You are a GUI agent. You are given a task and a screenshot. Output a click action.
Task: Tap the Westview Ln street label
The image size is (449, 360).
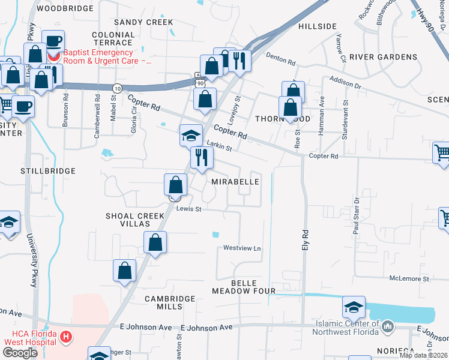pyautogui.click(x=243, y=248)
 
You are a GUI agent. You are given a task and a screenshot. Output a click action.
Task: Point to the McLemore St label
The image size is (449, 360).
pyautogui.click(x=409, y=279)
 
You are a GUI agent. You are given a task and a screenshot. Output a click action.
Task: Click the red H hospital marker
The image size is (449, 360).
pyautogui.click(x=67, y=338)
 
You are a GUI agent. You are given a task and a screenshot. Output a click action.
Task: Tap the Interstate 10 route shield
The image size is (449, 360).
pyautogui.click(x=118, y=88)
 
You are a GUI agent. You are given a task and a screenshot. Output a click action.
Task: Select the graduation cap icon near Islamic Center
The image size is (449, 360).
pyautogui.click(x=354, y=307)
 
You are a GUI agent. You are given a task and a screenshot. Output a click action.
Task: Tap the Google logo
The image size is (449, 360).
pyautogui.click(x=20, y=353)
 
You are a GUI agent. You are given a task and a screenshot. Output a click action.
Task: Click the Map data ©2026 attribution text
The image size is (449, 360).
pyautogui.click(x=423, y=355)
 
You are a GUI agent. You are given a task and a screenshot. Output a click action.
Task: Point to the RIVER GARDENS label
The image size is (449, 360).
pyautogui.click(x=383, y=57)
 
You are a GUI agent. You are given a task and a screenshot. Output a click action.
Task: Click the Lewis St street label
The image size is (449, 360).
pyautogui.click(x=188, y=209)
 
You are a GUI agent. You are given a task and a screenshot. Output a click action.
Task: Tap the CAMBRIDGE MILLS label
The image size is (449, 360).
pyautogui.click(x=171, y=302)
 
